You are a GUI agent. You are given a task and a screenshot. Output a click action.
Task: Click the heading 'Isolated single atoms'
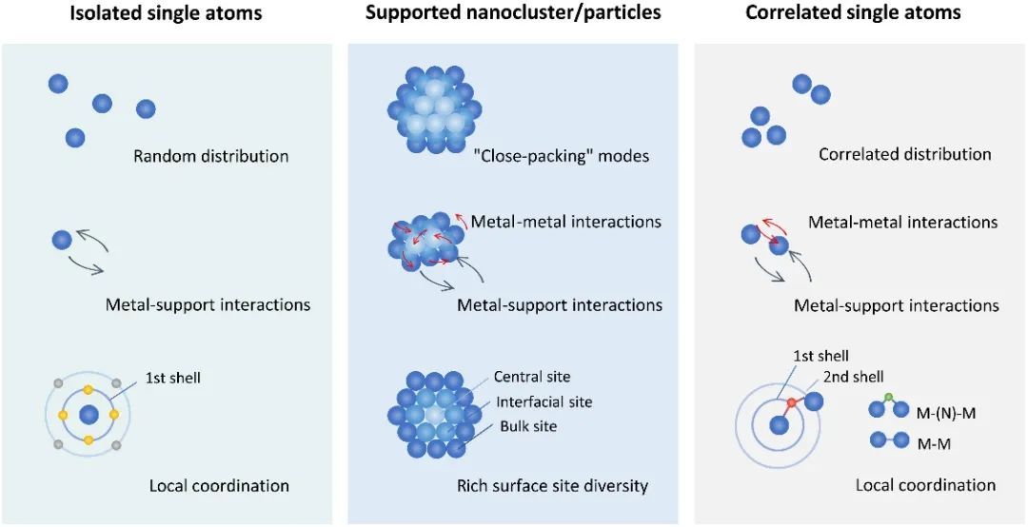tap(167, 13)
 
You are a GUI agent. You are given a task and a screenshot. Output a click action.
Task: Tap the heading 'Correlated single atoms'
tap(853, 13)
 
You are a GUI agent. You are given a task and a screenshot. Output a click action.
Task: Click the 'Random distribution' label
tap(211, 155)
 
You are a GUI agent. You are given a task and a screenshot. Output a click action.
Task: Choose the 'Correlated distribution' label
tap(904, 154)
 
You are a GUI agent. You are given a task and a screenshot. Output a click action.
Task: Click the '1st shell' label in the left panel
tap(172, 378)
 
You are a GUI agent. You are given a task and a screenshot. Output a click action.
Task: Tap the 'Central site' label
tap(532, 377)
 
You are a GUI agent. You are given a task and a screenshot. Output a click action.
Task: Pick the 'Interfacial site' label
tap(543, 401)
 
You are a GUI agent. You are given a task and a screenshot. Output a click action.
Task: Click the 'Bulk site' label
tap(528, 426)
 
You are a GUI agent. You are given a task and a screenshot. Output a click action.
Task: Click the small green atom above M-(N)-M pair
tap(888, 397)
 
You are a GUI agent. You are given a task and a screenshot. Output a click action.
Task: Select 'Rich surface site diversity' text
tap(553, 485)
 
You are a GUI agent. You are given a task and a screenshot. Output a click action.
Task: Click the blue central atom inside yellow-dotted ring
tap(89, 415)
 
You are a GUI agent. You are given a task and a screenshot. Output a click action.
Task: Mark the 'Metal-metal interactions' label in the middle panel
tap(565, 222)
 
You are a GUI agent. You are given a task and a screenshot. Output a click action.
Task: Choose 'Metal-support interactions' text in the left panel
tap(208, 305)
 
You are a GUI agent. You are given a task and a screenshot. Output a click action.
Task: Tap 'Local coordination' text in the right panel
tap(925, 485)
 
